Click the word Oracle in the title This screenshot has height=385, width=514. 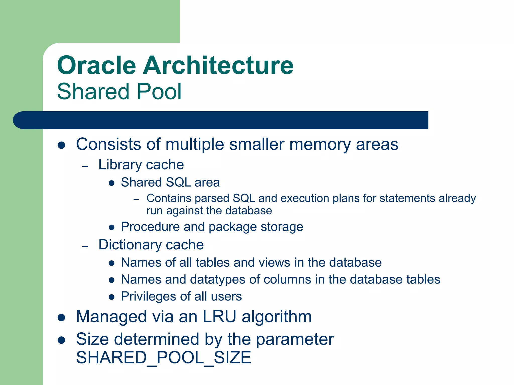(97, 66)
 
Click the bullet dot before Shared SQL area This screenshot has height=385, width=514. (112, 183)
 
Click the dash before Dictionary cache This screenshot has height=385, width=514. (85, 246)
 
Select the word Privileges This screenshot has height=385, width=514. (148, 297)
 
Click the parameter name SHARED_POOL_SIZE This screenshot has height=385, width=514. (163, 358)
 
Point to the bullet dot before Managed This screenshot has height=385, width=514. (61, 318)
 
